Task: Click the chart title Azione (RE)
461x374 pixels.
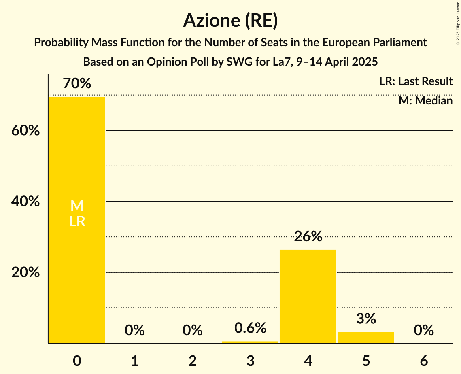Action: click(230, 21)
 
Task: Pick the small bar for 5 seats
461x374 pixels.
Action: click(366, 338)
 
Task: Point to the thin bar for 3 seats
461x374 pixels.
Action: click(250, 342)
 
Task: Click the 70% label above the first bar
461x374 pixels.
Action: click(77, 84)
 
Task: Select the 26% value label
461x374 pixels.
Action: click(308, 236)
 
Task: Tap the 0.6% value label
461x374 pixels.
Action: click(250, 328)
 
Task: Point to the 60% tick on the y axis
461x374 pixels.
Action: click(25, 131)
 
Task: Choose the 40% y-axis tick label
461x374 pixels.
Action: click(25, 202)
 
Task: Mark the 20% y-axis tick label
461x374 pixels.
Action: click(25, 272)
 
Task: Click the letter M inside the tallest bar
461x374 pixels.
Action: click(77, 206)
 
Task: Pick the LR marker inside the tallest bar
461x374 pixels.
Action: click(77, 221)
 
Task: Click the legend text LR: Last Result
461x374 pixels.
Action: click(416, 81)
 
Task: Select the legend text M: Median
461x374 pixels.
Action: click(425, 100)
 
